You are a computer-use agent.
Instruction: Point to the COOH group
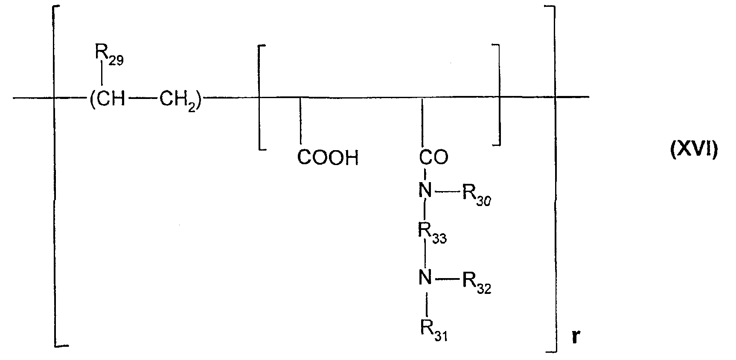pyautogui.click(x=328, y=158)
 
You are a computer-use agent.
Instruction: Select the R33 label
pyautogui.click(x=432, y=234)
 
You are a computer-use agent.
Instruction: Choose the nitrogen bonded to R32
pyautogui.click(x=425, y=280)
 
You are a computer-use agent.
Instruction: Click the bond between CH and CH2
pyautogui.click(x=143, y=100)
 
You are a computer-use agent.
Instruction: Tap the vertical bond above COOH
pyautogui.click(x=300, y=123)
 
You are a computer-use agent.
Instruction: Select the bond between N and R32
pyautogui.click(x=446, y=280)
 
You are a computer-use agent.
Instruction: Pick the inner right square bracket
pyautogui.click(x=498, y=95)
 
